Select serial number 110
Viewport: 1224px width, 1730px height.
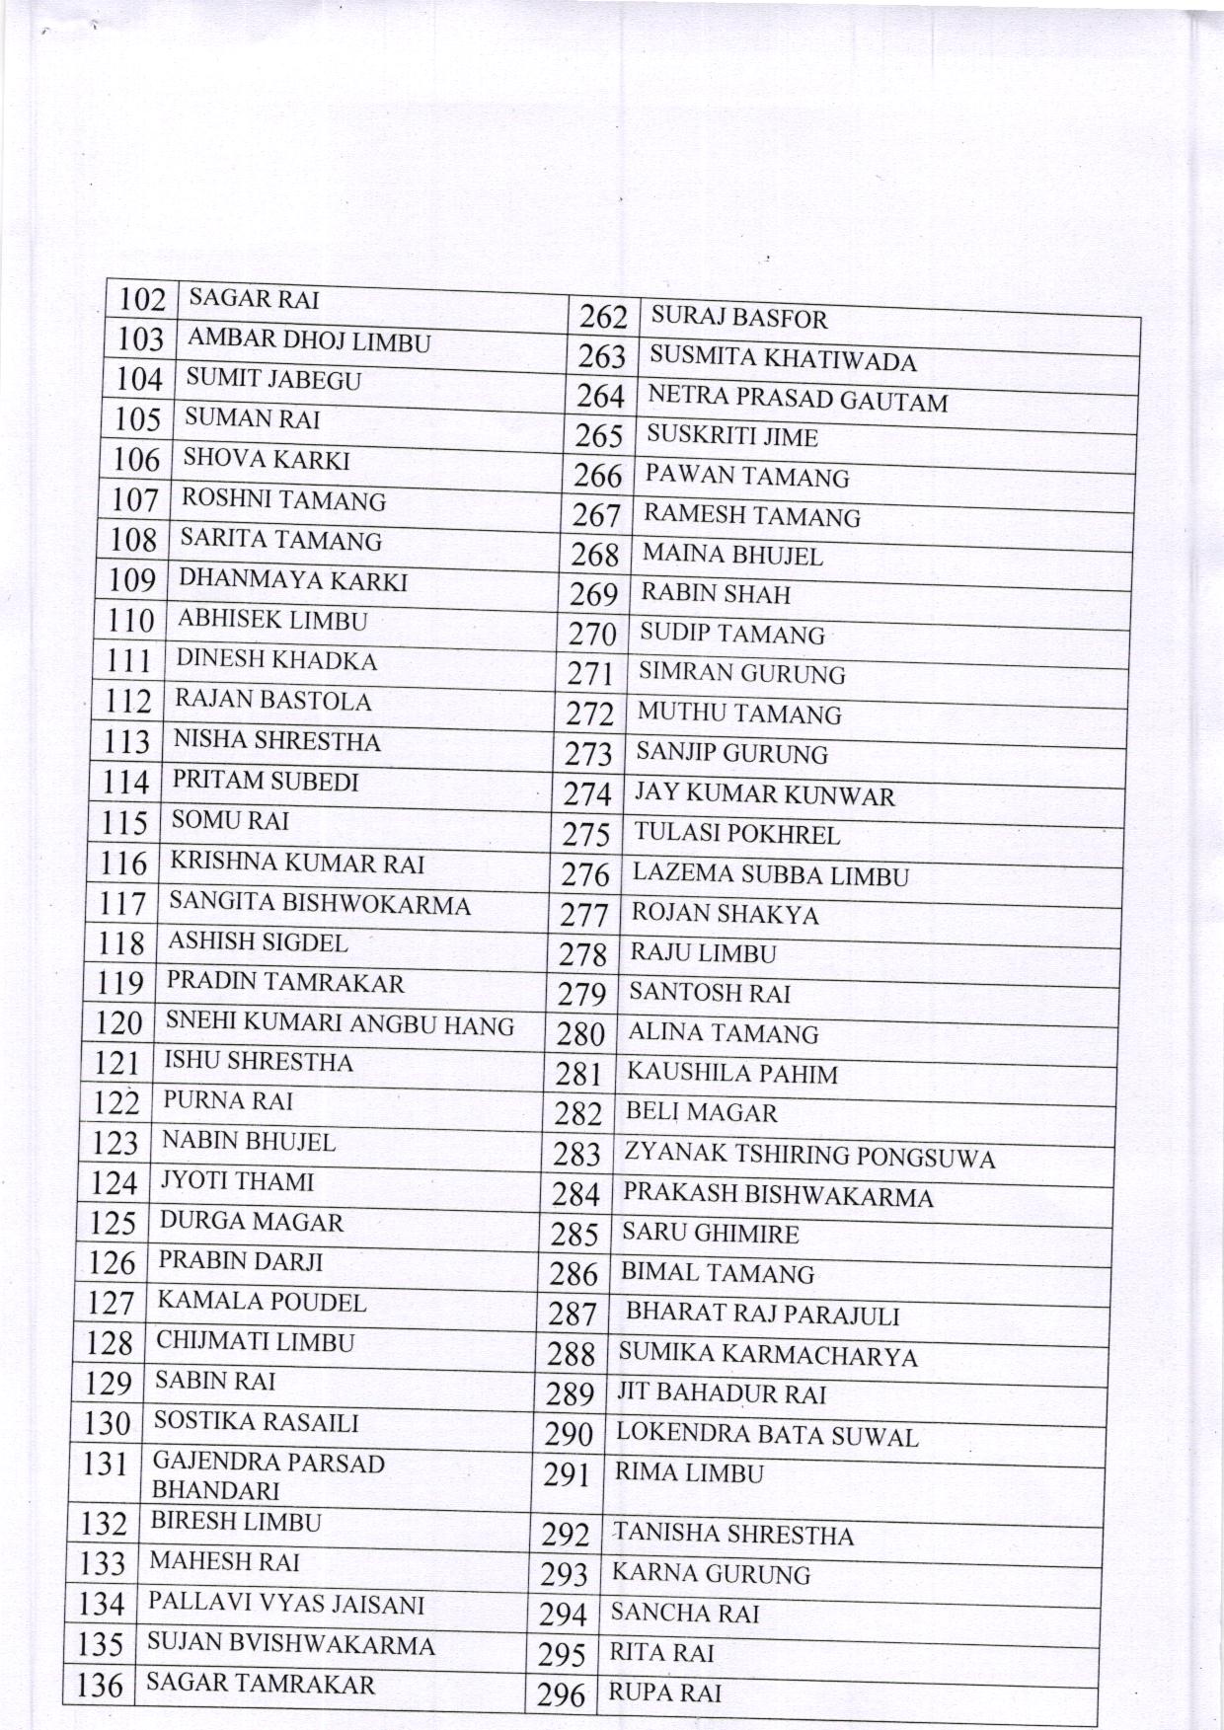[x=132, y=621]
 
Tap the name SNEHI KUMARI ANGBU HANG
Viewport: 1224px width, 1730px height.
[x=340, y=1024]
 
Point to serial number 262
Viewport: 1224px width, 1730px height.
[x=603, y=317]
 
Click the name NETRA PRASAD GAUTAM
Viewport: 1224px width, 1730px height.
[x=798, y=399]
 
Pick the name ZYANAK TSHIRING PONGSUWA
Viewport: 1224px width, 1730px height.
[x=809, y=1156]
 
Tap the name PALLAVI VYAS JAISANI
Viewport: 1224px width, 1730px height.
[x=286, y=1604]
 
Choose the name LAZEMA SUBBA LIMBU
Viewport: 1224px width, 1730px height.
[x=771, y=874]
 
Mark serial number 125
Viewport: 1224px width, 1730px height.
[x=112, y=1223]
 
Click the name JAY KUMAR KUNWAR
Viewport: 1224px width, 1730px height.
[x=765, y=794]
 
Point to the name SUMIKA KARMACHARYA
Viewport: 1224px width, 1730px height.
[x=768, y=1355]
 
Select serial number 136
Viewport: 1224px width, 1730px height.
[x=100, y=1685]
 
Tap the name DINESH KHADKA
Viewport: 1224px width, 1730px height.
[x=276, y=659]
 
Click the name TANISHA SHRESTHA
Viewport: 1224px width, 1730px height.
[x=732, y=1535]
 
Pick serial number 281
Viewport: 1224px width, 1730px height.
[x=577, y=1074]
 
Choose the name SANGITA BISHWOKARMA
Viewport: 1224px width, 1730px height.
[x=320, y=903]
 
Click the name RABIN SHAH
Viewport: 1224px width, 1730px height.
[x=716, y=594]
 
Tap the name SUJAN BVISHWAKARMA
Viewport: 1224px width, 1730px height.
[x=290, y=1644]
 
